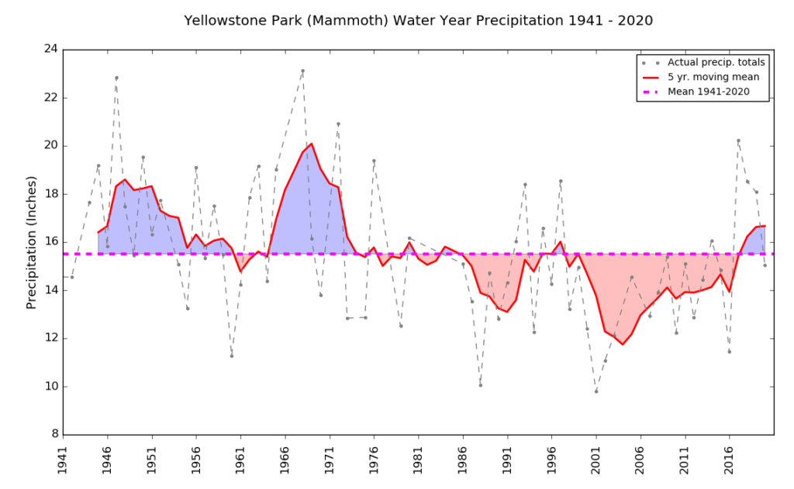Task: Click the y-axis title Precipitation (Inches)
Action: point(32,241)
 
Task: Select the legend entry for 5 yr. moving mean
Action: point(713,77)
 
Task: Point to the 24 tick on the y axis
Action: point(50,50)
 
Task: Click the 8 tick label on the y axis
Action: point(54,435)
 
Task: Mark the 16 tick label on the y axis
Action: point(50,242)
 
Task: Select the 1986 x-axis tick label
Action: point(463,458)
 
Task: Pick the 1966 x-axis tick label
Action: point(285,458)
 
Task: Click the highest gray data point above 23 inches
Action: point(303,71)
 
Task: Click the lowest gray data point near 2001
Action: point(596,391)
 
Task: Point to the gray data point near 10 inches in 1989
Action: point(481,385)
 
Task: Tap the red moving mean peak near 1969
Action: point(312,144)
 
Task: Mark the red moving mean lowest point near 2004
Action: point(623,345)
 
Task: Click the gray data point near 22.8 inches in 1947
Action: point(116,78)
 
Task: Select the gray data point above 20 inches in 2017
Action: point(738,140)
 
